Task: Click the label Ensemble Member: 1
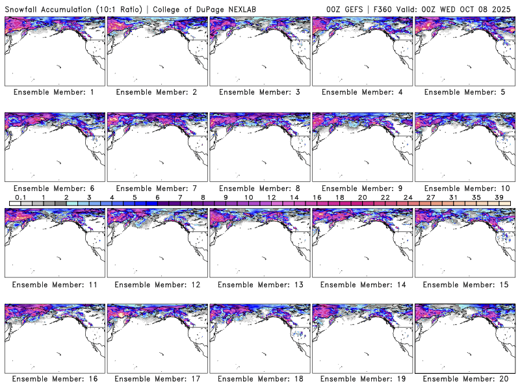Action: click(x=53, y=92)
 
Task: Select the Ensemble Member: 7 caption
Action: click(x=156, y=188)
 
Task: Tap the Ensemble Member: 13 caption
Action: click(x=259, y=284)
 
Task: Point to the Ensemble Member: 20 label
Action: click(x=463, y=379)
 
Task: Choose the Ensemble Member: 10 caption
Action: click(x=463, y=188)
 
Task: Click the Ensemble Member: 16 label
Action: click(x=53, y=379)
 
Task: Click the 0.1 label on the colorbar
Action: click(x=20, y=197)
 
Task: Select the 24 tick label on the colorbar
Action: click(x=408, y=197)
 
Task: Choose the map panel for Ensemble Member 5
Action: click(x=463, y=51)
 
